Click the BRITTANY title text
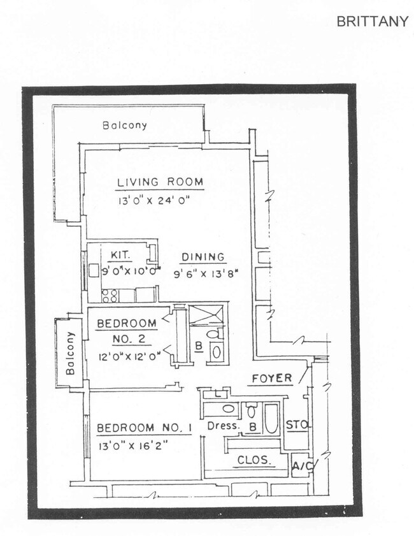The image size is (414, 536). click(372, 22)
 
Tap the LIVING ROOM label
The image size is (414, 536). click(160, 183)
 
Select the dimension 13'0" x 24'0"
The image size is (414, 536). click(153, 200)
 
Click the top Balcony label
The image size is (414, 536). click(125, 126)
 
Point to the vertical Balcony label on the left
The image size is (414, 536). click(70, 352)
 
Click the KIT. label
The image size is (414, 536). click(120, 255)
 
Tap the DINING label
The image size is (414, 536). click(203, 257)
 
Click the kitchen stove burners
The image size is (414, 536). click(109, 295)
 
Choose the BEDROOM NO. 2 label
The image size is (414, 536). click(126, 331)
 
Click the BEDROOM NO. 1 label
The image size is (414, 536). click(143, 427)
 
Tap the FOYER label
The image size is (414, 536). click(271, 379)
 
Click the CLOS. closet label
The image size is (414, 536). click(254, 460)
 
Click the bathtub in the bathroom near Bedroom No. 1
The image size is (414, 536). click(271, 418)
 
